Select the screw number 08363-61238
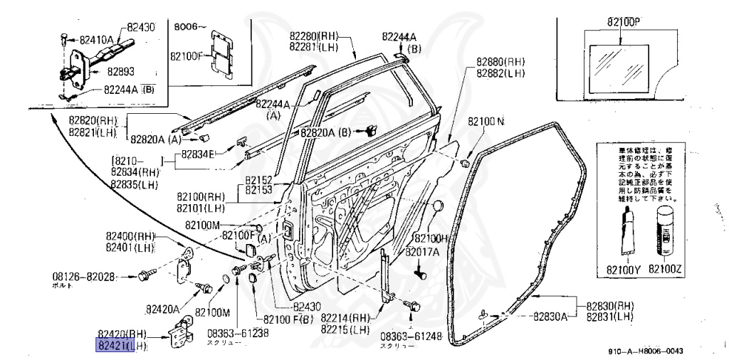coord(238,332)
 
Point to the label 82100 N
coord(486,122)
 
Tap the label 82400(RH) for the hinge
coord(130,235)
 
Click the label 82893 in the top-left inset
coord(122,71)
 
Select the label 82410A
coord(97,41)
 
